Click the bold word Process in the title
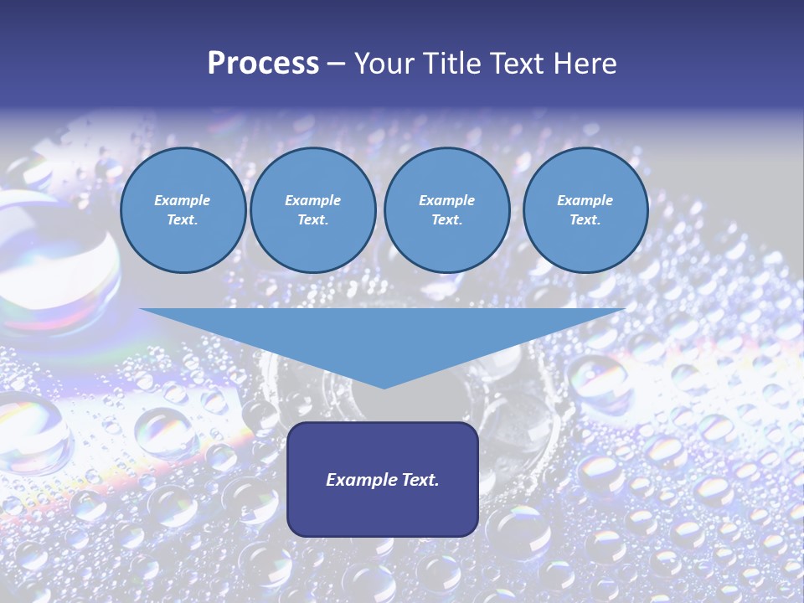263,64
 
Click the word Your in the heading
385,64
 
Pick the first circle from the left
183,210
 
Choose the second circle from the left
313,210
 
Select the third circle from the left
447,210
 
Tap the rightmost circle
585,210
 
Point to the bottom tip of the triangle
384,388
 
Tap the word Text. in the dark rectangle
420,480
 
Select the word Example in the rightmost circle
585,200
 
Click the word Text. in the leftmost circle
183,220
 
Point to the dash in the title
337,64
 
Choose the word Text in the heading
514,64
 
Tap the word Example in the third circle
446,200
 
